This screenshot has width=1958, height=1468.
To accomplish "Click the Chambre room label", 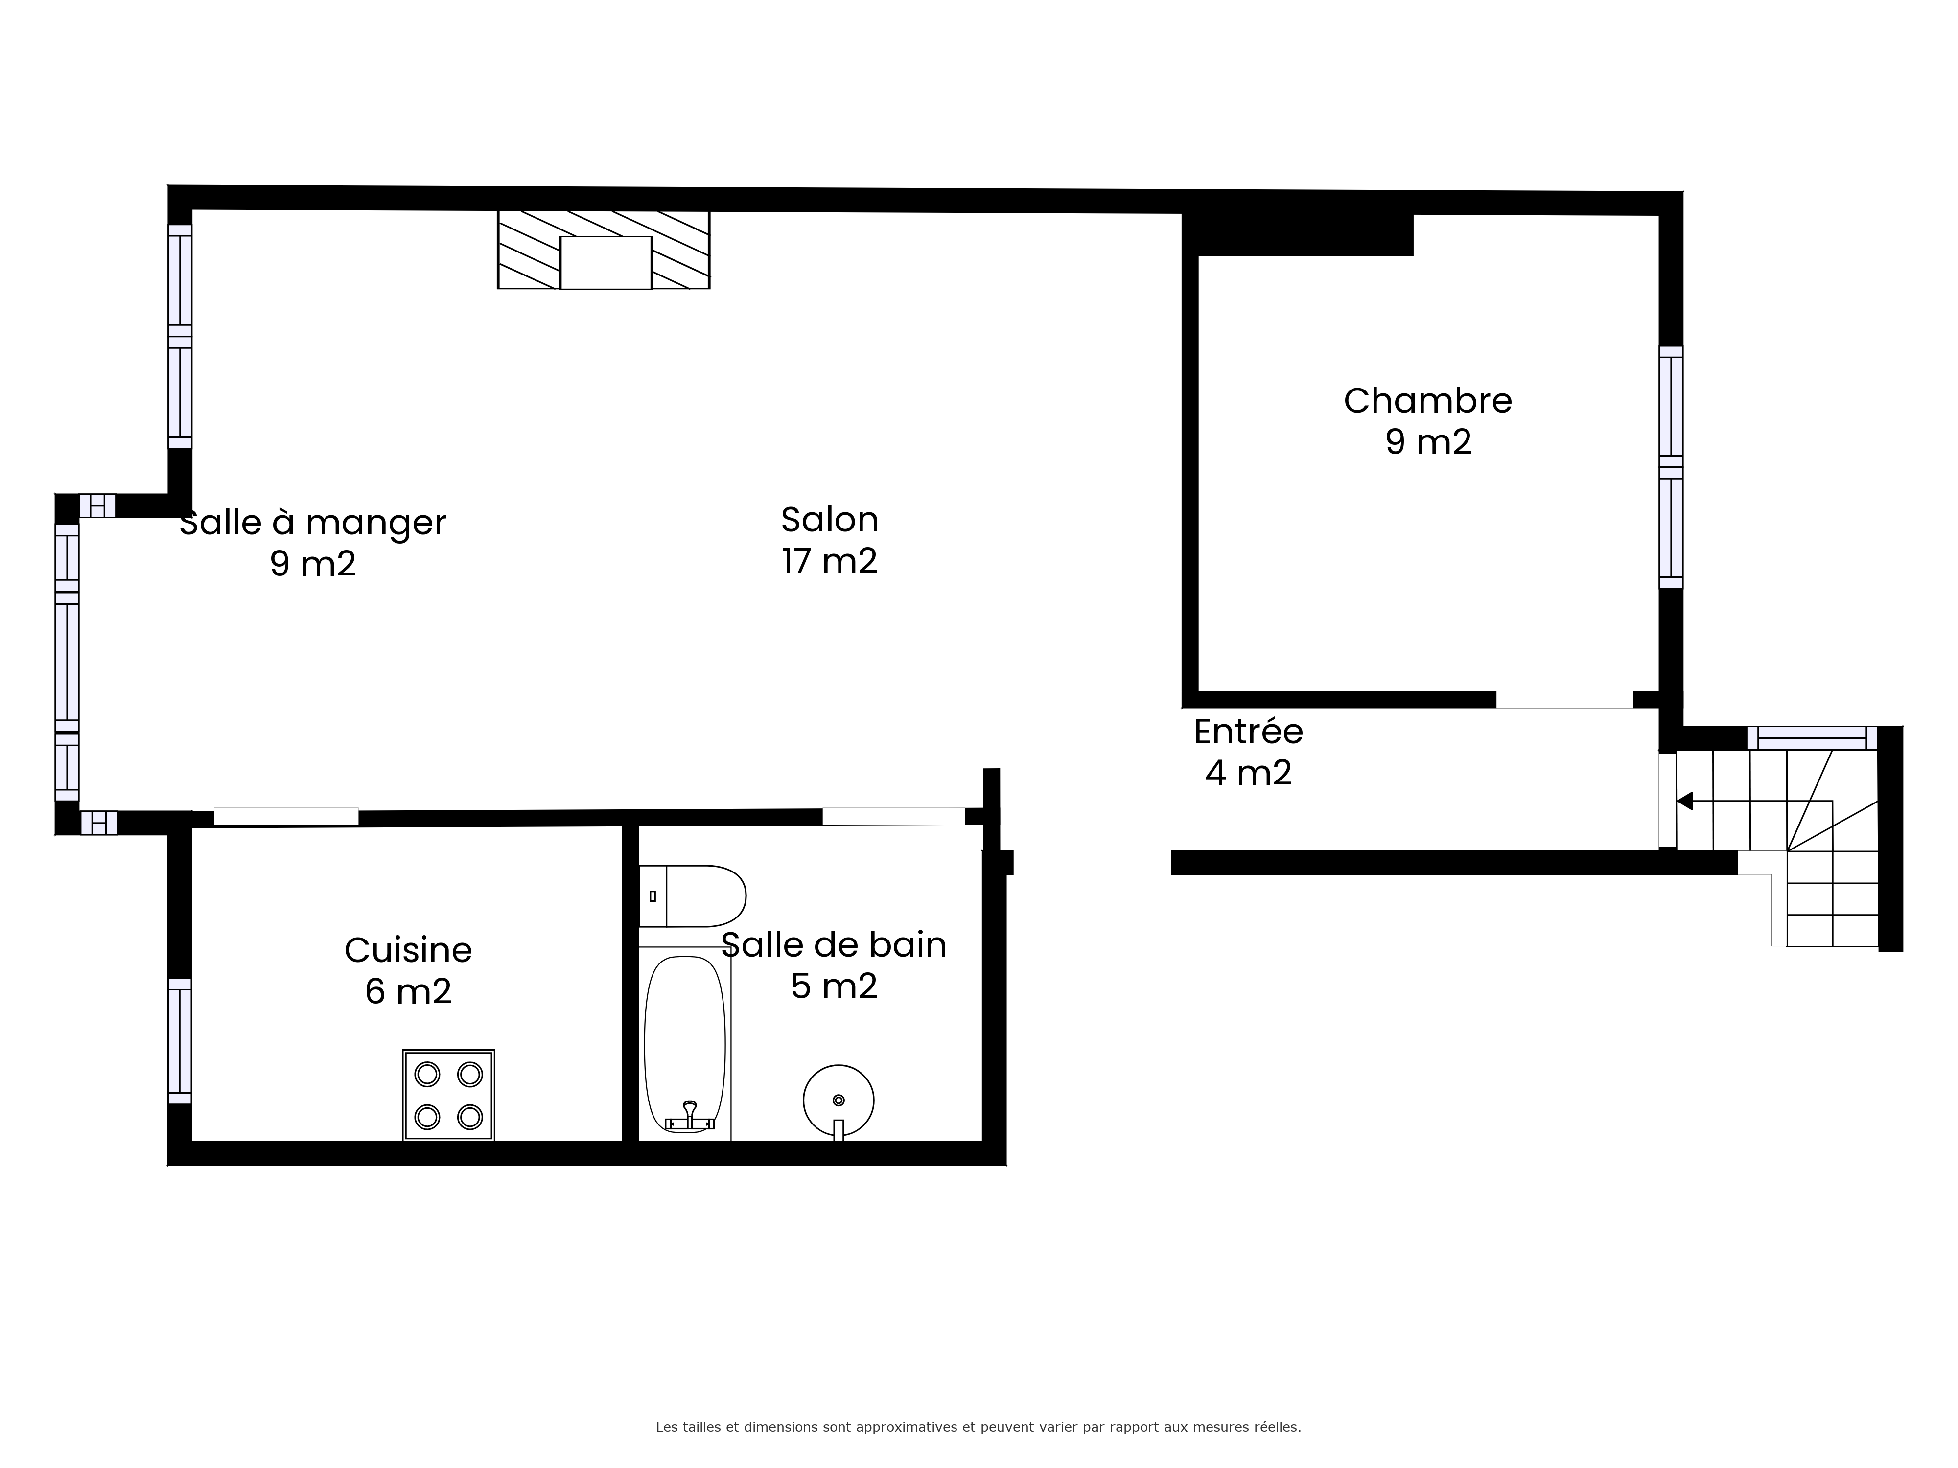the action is (1428, 401).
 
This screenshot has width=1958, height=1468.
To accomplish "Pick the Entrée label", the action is (1248, 731).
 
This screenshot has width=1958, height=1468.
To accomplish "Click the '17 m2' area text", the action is (829, 560).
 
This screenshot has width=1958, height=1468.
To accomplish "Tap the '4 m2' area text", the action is (1248, 773).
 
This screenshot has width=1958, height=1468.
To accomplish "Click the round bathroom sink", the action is (838, 1101).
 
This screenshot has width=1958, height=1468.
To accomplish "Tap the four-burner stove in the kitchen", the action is (449, 1096).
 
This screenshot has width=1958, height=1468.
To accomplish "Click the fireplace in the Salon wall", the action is (604, 250).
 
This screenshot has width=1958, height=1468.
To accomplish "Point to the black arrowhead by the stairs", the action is (1684, 801).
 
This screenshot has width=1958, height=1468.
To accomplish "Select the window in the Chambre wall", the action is (1670, 467).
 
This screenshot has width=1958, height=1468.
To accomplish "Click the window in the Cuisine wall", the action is (180, 1041).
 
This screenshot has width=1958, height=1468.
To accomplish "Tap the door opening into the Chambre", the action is (1564, 700).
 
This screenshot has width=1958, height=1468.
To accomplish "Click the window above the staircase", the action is (1812, 738).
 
